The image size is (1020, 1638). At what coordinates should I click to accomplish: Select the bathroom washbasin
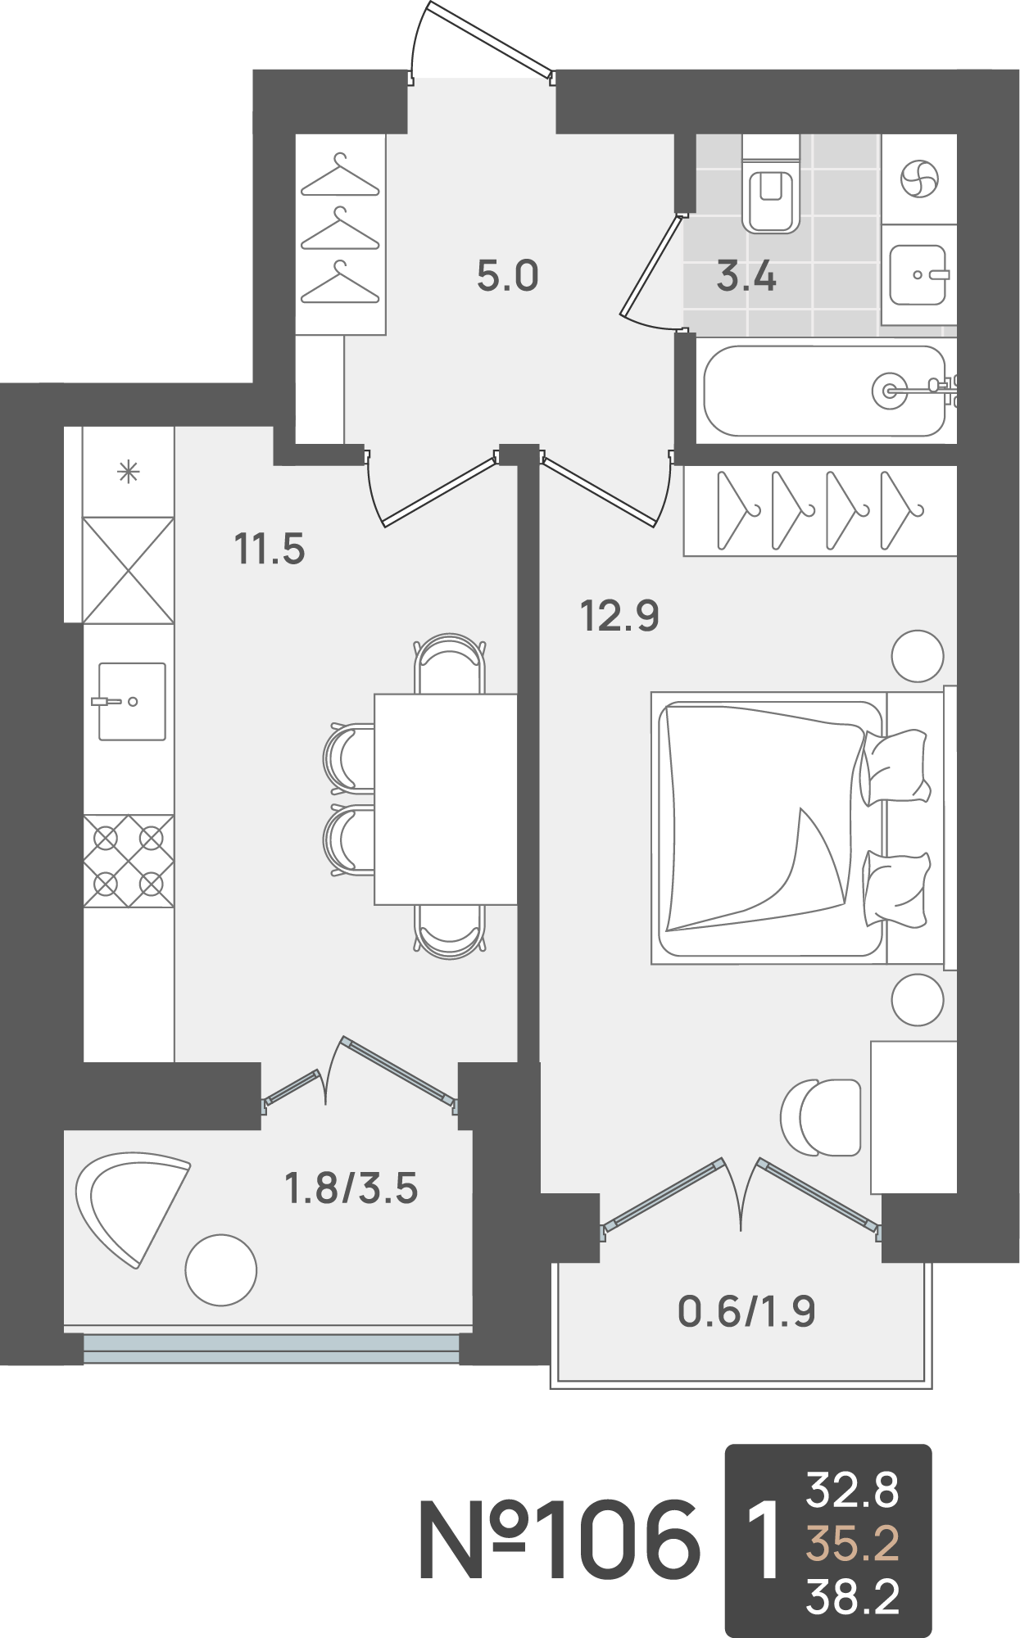(918, 275)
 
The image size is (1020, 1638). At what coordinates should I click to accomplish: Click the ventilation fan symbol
(919, 179)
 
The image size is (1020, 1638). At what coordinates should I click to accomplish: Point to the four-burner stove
(129, 861)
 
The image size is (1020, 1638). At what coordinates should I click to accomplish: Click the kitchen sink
(131, 701)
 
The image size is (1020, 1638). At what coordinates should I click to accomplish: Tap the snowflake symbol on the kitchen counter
(129, 472)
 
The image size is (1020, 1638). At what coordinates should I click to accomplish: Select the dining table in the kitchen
(446, 799)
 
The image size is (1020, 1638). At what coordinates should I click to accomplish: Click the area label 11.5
(270, 549)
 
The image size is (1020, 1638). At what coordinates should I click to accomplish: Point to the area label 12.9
(619, 616)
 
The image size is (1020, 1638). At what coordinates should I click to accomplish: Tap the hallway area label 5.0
(508, 276)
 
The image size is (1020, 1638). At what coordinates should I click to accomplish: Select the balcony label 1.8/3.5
(351, 1188)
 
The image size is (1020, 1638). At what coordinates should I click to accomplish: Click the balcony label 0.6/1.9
(746, 1311)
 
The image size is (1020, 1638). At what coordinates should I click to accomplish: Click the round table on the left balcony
(221, 1270)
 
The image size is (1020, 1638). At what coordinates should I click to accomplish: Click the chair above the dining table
(447, 663)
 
